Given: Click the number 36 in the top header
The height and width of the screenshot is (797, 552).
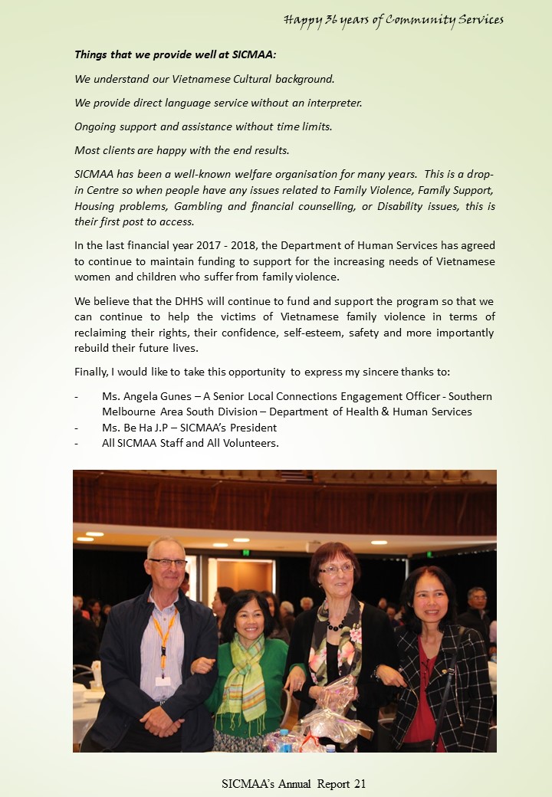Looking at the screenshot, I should coord(332,19).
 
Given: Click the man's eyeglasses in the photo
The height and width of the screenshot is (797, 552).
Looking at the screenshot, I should coord(168,563).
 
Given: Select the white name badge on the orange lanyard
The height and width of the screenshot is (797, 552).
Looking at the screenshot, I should coord(163,680).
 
